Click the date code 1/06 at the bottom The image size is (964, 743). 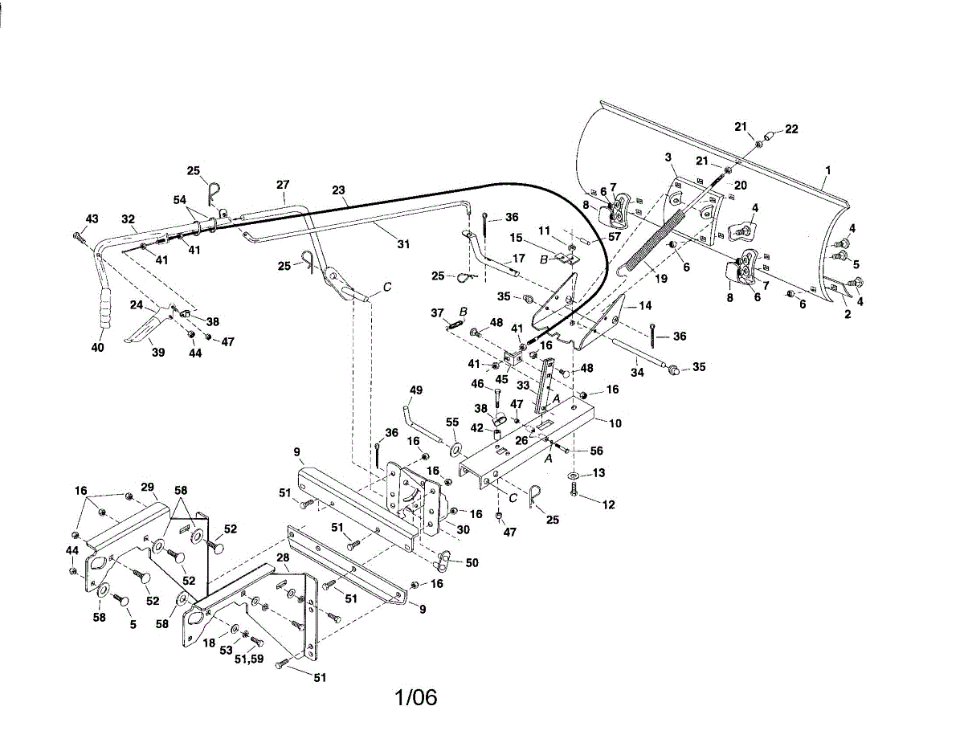(415, 697)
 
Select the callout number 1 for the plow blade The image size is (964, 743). (827, 170)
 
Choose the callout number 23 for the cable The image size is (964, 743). (338, 190)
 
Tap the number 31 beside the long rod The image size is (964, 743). (403, 244)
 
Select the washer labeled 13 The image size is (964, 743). (574, 476)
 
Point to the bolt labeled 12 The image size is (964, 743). (574, 491)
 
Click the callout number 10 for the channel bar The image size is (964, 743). (615, 423)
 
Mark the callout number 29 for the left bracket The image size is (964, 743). (147, 487)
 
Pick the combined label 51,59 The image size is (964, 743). (249, 659)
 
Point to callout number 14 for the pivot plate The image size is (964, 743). (645, 305)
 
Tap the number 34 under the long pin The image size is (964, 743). (637, 373)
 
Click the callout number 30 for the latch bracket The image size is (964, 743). (464, 529)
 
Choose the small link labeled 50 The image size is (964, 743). (442, 561)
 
